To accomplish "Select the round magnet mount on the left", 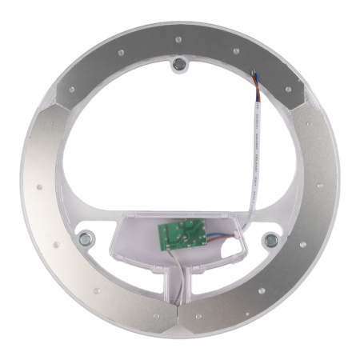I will (84, 238).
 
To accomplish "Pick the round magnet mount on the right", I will (270, 238).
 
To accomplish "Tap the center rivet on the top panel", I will (178, 37).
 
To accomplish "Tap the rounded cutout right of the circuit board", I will (232, 250).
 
